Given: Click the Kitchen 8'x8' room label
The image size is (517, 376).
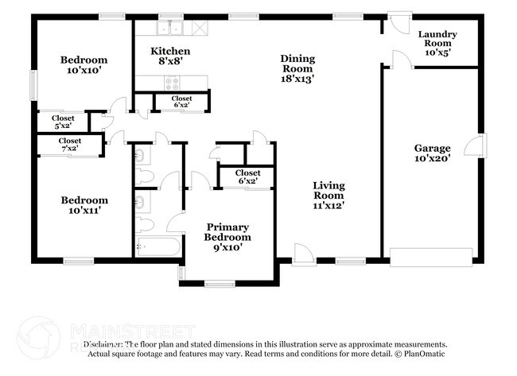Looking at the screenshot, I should pyautogui.click(x=171, y=56).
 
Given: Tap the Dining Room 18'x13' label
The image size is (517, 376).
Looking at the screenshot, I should pyautogui.click(x=297, y=68).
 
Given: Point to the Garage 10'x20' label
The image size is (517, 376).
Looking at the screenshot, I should pyautogui.click(x=432, y=153).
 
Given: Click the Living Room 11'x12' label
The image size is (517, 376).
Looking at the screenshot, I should pyautogui.click(x=328, y=195).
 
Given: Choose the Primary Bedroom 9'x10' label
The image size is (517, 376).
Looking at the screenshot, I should pyautogui.click(x=227, y=237).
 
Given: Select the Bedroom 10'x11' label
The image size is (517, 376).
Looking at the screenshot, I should pyautogui.click(x=84, y=205).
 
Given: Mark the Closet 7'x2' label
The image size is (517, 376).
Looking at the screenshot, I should pyautogui.click(x=68, y=145).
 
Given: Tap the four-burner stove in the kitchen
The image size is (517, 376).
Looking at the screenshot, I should pyautogui.click(x=171, y=80).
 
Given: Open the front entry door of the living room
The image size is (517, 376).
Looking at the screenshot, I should pyautogui.click(x=303, y=256).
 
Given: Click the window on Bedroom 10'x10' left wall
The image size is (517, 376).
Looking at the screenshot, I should pyautogui.click(x=33, y=83).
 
